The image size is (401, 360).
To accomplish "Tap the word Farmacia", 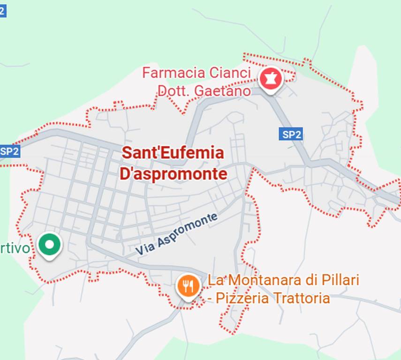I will [174, 73].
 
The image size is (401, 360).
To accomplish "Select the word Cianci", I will [230, 73].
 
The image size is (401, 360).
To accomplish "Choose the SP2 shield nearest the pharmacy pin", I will [291, 135].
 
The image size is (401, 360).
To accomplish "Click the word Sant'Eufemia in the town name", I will [173, 153].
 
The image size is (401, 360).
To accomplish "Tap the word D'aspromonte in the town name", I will [174, 174].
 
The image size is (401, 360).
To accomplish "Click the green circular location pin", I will [49, 245].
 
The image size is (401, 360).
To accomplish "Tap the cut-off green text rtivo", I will [15, 248].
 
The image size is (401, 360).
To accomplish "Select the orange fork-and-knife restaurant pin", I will [188, 285].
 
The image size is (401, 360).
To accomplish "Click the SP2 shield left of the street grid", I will [9, 151].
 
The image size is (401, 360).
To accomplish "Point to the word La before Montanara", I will [215, 280].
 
